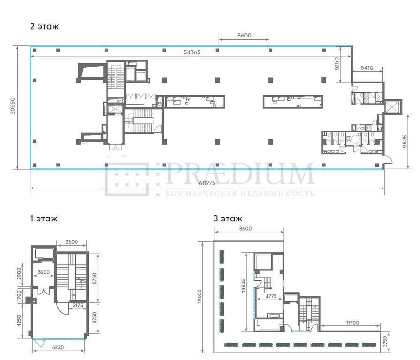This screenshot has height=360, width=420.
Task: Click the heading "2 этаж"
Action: [x=44, y=26]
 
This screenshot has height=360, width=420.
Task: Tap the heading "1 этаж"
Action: [x=44, y=218]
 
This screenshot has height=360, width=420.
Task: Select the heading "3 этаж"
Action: [x=228, y=218]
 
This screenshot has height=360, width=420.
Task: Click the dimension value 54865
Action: [x=192, y=52]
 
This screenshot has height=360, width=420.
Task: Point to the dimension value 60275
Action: [x=207, y=183]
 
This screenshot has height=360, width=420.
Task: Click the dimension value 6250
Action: [x=336, y=64]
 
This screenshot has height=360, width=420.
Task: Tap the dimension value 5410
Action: [x=367, y=68]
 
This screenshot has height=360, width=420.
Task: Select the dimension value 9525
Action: [x=405, y=141]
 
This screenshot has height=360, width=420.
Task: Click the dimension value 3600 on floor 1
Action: [x=71, y=242]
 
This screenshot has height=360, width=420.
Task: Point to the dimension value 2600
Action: [x=43, y=272]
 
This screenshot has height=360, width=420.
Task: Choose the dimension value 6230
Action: [x=58, y=347]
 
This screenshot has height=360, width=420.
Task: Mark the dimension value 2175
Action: [x=78, y=305]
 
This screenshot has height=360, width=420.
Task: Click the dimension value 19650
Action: [x=199, y=296]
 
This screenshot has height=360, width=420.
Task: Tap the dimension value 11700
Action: [x=352, y=323]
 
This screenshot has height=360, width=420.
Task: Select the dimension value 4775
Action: [x=271, y=296]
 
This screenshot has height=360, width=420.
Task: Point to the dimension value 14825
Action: [x=243, y=285]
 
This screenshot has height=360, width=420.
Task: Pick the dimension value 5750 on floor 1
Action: [x=94, y=278]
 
